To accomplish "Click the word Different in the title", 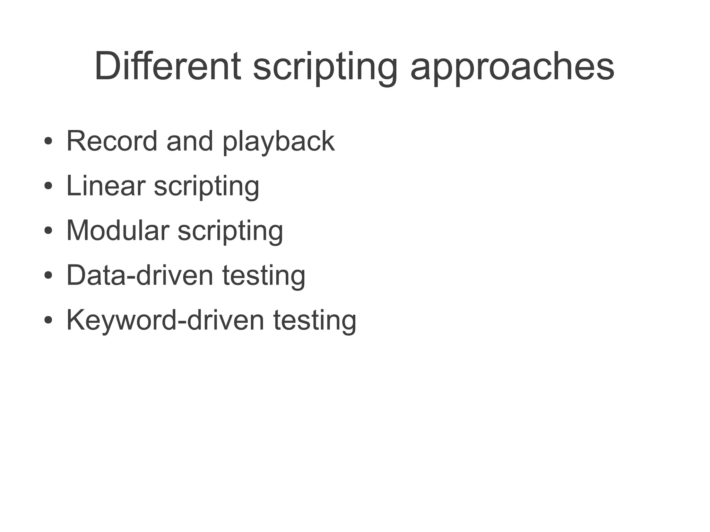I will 167,66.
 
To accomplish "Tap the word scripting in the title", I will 325,67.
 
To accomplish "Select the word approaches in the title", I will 512,67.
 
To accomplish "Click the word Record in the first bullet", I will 112,141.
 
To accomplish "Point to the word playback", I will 279,142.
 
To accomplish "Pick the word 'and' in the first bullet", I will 190,141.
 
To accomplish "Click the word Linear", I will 106,186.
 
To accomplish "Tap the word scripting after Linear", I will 207,187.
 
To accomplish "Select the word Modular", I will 118,230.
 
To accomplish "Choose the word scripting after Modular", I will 230,232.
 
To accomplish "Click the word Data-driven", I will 140,275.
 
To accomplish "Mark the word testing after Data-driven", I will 264,276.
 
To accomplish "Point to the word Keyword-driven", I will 165,320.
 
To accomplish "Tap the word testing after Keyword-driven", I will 315,321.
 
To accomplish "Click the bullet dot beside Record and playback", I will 48,142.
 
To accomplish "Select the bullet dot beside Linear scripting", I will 48,186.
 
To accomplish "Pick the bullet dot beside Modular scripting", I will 48,231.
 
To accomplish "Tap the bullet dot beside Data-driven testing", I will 48,276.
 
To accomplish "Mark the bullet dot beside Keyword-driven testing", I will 48,320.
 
